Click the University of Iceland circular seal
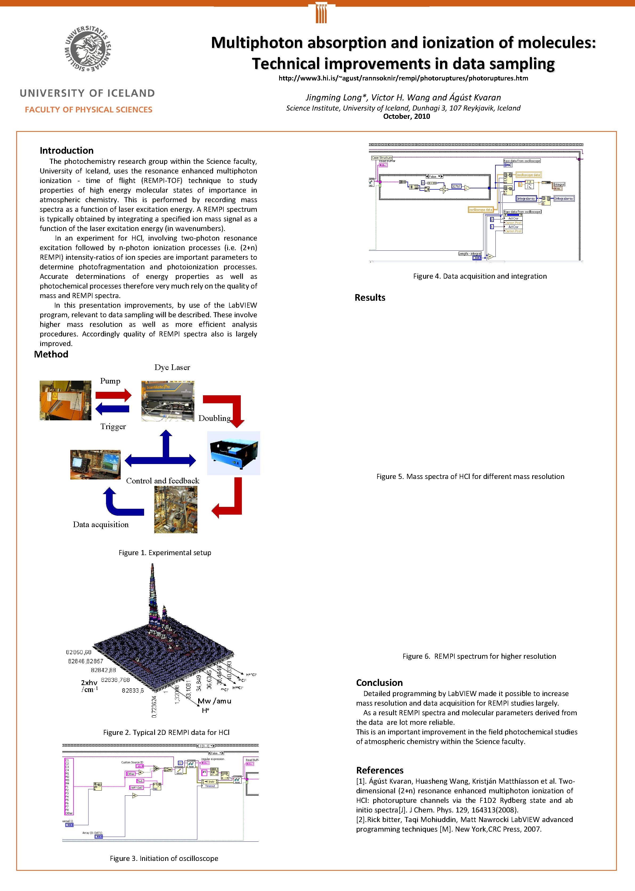pos(88,49)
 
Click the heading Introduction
pos(67,150)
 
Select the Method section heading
pos(51,354)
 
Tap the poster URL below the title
pos(403,78)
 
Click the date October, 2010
pos(406,116)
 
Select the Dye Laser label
pos(172,368)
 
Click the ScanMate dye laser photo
pos(168,401)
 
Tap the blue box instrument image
pos(233,453)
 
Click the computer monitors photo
pos(95,465)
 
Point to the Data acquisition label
pos(100,525)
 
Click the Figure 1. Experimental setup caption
pos(165,553)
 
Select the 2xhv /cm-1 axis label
pos(89,686)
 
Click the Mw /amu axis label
pos(214,701)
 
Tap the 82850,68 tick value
pos(78,652)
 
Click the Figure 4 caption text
pos(480,276)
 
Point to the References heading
pos(379,770)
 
